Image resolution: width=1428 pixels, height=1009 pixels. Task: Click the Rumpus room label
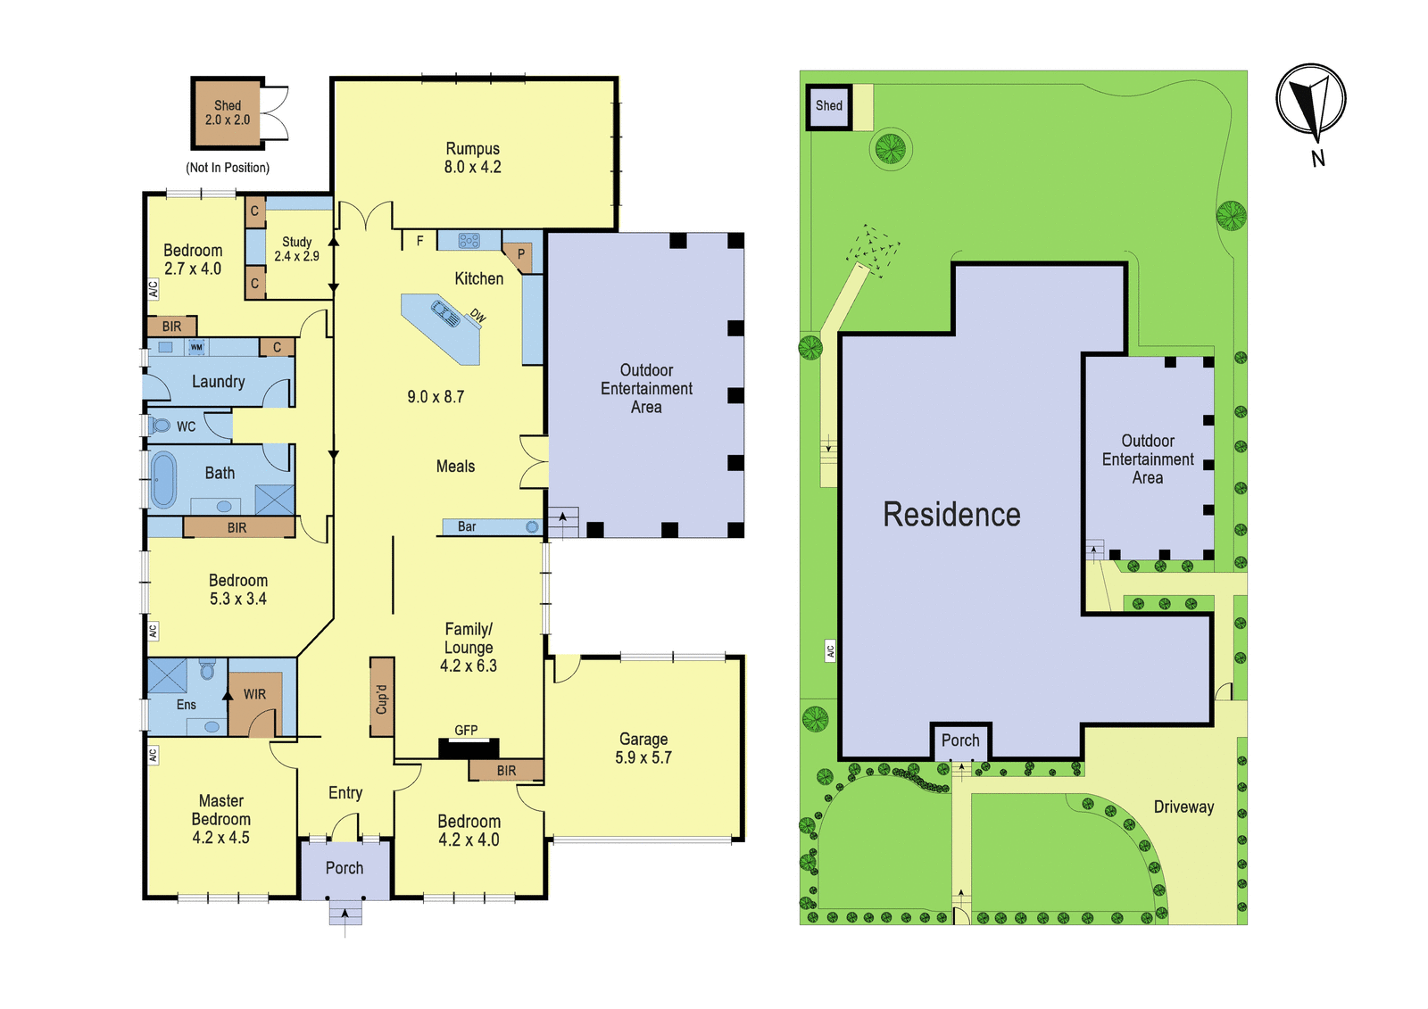pyautogui.click(x=472, y=148)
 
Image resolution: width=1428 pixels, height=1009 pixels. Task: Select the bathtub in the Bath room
pyautogui.click(x=163, y=480)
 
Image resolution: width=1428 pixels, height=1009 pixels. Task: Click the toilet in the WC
pyautogui.click(x=160, y=426)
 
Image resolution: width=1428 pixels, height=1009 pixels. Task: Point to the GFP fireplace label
pyautogui.click(x=466, y=731)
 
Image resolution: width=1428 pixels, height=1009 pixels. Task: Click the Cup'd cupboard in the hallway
pyautogui.click(x=382, y=698)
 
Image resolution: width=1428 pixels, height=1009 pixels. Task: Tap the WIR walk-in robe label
pyautogui.click(x=254, y=694)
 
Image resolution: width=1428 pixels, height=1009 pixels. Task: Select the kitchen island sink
pyautogui.click(x=445, y=314)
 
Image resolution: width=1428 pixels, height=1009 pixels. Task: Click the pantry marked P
pyautogui.click(x=519, y=256)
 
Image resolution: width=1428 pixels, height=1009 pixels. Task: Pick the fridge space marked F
pyautogui.click(x=419, y=240)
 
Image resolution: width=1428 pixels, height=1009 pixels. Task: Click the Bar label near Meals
pyautogui.click(x=467, y=526)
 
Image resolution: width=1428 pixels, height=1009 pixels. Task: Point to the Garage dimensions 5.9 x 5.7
pyautogui.click(x=643, y=757)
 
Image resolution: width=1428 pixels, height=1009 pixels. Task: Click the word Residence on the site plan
pyautogui.click(x=951, y=515)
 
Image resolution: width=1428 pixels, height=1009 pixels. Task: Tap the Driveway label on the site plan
pyautogui.click(x=1183, y=807)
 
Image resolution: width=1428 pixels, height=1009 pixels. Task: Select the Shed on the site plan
pyautogui.click(x=829, y=107)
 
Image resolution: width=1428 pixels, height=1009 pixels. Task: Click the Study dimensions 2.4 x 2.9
pyautogui.click(x=296, y=256)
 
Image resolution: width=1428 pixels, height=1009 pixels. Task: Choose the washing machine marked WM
pyautogui.click(x=196, y=347)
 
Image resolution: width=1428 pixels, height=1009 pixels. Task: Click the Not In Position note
pyautogui.click(x=228, y=168)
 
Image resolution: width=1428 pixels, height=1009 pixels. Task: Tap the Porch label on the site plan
pyautogui.click(x=960, y=740)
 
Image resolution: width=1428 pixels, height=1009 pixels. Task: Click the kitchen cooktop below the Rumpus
pyautogui.click(x=469, y=240)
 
